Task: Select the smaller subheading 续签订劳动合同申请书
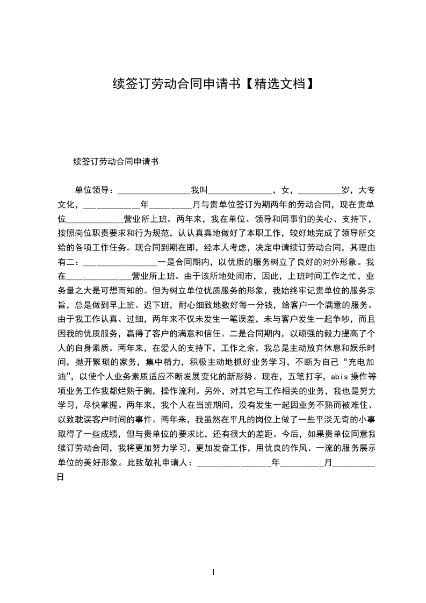pos(115,161)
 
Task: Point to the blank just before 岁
pos(320,190)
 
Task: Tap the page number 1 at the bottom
pos(213,572)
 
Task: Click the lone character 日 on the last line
pos(61,477)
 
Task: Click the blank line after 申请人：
pos(234,463)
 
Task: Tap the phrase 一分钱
pos(249,305)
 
